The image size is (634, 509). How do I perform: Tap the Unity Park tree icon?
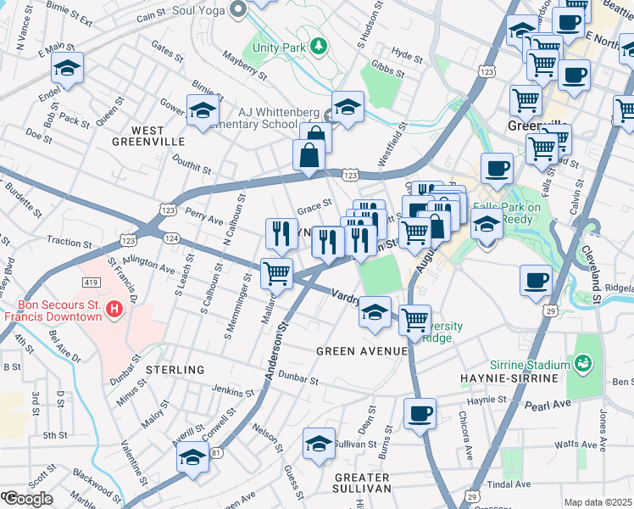pyautogui.click(x=318, y=44)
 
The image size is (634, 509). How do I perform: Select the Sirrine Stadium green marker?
pyautogui.click(x=582, y=365)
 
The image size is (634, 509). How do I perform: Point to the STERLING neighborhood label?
pyautogui.click(x=175, y=370)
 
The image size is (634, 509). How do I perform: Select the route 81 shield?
pyautogui.click(x=217, y=454)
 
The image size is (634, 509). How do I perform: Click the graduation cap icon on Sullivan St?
pyautogui.click(x=319, y=444)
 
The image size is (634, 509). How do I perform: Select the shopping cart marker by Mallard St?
pyautogui.click(x=276, y=272)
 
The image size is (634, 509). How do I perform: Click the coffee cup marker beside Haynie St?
pyautogui.click(x=420, y=414)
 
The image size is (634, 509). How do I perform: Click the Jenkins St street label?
pyautogui.click(x=231, y=391)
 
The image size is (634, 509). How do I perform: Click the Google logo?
pyautogui.click(x=27, y=499)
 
